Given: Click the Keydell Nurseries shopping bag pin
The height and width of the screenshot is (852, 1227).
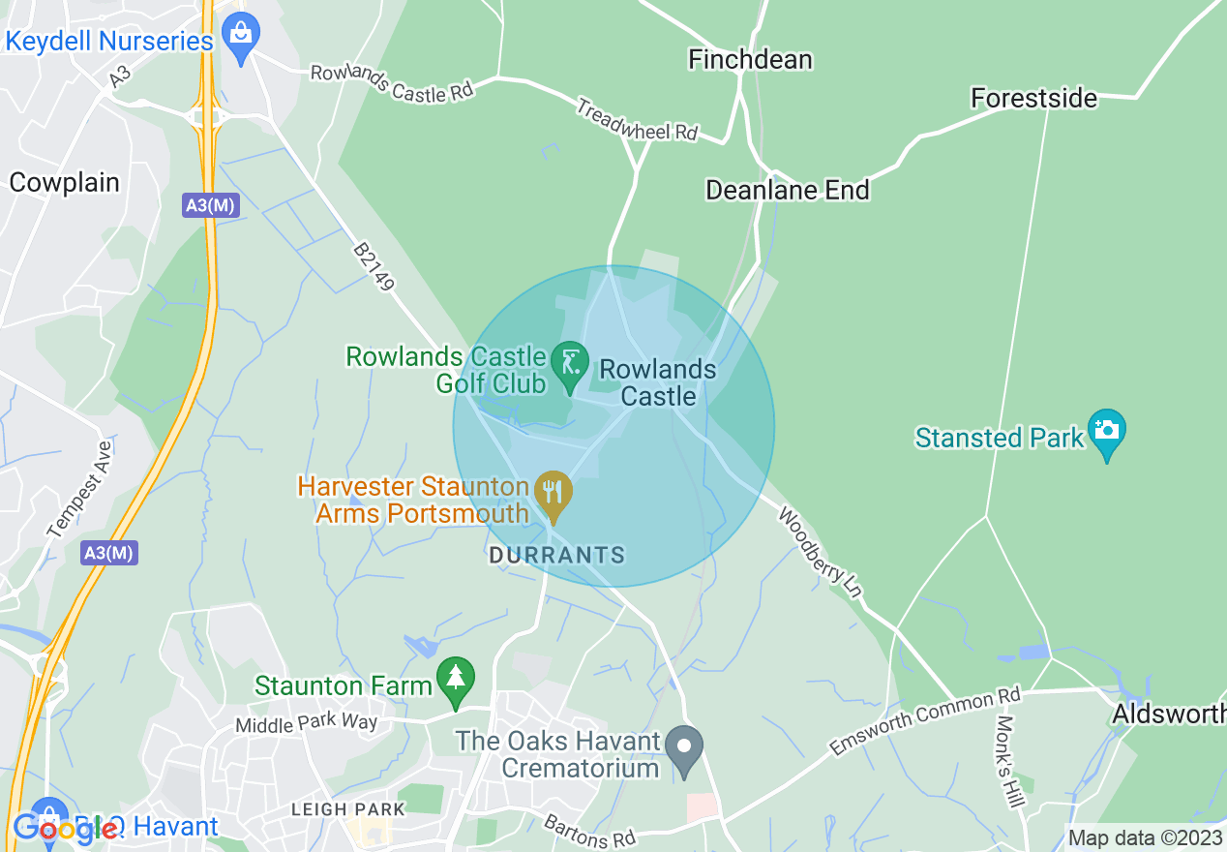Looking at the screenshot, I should [x=239, y=36].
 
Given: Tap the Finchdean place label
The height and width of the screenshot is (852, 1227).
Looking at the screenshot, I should [x=750, y=59].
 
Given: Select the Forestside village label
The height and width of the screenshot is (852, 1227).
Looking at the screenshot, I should [x=1033, y=99].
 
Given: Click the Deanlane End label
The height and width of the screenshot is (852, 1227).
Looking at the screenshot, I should [x=787, y=190].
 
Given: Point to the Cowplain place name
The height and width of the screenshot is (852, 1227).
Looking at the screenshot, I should [x=64, y=183].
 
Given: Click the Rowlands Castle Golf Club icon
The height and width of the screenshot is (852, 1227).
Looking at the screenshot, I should [x=570, y=363].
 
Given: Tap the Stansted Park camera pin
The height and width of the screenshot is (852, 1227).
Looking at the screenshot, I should [x=1107, y=432].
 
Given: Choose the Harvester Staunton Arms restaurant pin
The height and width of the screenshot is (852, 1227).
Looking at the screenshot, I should [x=553, y=494].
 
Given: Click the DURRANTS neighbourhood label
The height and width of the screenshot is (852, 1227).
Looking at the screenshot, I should [x=556, y=556].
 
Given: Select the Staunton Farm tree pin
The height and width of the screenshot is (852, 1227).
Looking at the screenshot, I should [x=456, y=679].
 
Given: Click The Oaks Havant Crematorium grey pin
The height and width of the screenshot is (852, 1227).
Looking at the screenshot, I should [x=686, y=748].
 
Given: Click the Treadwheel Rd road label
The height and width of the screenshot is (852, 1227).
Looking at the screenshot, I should [x=637, y=119].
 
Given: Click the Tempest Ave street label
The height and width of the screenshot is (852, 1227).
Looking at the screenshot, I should [x=80, y=490].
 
